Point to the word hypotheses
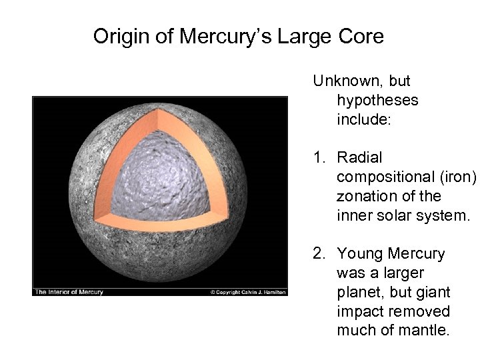(377, 101)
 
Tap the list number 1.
(320, 158)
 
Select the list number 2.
(320, 254)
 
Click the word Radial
(360, 158)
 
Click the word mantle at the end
(429, 331)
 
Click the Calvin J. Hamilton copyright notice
(248, 291)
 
